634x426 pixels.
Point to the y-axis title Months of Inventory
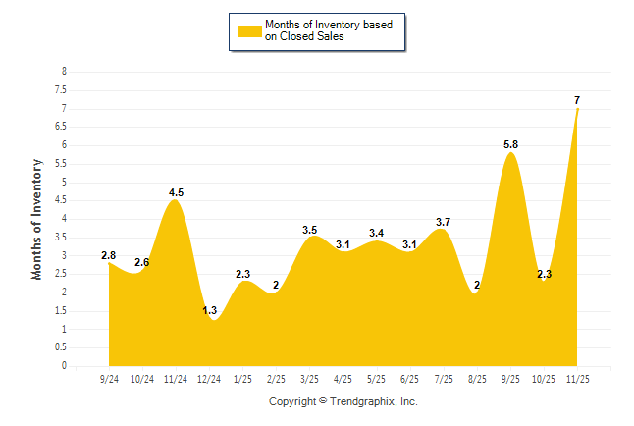37,219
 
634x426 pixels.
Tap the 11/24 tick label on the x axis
176,379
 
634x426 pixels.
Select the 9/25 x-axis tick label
510,379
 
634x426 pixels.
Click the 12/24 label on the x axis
209,379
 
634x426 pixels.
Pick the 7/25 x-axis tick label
444,379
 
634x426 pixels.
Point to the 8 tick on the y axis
64,72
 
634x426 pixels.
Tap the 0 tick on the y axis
64,366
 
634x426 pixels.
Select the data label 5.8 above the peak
510,145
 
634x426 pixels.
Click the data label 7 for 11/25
576,100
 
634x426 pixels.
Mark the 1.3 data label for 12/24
210,310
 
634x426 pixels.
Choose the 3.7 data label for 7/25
444,222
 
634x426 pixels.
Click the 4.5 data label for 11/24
176,192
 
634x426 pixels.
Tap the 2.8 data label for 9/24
109,256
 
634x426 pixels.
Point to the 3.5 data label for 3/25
310,230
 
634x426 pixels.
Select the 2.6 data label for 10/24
142,262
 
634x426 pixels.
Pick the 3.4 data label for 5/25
377,233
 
